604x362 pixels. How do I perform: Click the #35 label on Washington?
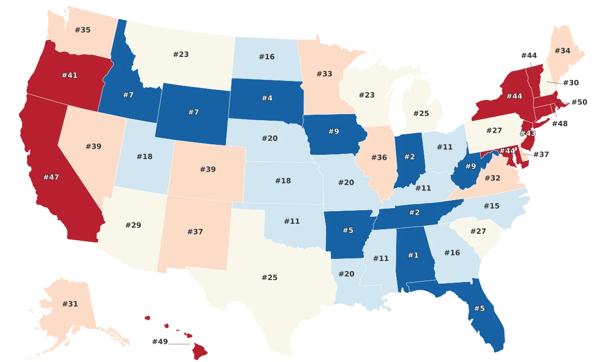83,30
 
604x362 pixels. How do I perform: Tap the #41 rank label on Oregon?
69,75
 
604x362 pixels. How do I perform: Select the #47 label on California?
51,177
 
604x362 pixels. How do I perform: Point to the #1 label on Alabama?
413,255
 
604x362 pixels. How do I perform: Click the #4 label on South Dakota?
267,98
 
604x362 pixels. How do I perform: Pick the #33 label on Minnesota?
324,74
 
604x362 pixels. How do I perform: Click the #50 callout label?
579,102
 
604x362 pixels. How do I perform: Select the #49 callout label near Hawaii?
160,342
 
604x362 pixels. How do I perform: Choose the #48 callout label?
560,124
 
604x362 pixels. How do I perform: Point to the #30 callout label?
570,83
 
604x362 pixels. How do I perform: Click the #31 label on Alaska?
70,304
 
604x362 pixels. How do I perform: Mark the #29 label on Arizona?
133,225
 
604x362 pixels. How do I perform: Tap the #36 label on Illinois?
379,158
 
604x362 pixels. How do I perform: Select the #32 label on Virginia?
492,178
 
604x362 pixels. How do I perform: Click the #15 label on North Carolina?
491,206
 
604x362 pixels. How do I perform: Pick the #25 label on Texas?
269,278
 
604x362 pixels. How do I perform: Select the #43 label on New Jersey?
527,133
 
